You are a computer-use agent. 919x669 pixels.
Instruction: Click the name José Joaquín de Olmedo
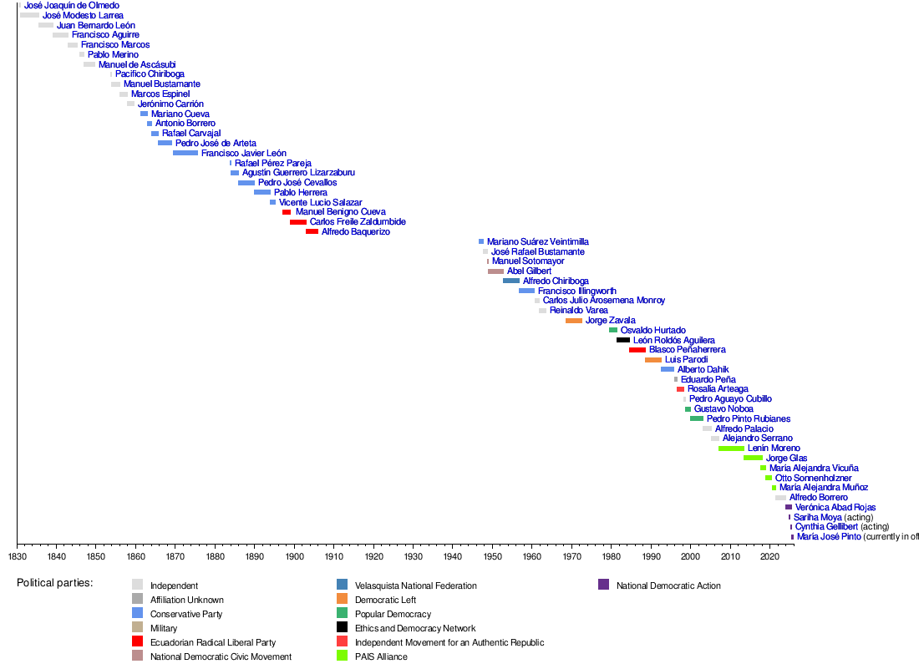pos(72,5)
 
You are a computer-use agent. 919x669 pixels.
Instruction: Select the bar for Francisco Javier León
pos(185,153)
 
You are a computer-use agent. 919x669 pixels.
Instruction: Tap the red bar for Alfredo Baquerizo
pos(312,231)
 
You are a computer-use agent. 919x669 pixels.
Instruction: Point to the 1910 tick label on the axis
pos(334,556)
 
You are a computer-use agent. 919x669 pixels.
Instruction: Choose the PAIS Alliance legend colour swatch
pos(343,656)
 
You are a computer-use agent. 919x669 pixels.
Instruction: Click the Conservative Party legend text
pos(186,614)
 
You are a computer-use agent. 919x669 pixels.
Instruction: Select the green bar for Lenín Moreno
pos(731,449)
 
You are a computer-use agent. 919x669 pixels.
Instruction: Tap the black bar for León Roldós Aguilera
pos(623,340)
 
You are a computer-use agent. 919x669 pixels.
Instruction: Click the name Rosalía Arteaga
pos(718,389)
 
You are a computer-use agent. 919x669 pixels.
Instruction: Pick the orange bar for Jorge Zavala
pos(574,321)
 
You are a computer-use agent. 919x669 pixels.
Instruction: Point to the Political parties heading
pos(54,583)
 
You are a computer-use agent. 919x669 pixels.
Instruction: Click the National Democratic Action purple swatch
pos(604,585)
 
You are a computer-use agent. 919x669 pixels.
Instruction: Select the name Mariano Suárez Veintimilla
pos(538,242)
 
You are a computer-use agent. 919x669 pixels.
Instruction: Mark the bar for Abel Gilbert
pos(495,271)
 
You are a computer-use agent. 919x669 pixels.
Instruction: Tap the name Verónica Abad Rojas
pos(835,508)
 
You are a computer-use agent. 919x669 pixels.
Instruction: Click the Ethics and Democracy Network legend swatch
pos(343,628)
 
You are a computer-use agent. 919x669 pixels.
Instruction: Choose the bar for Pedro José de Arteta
pos(165,143)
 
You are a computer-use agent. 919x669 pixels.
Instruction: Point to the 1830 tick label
pos(18,556)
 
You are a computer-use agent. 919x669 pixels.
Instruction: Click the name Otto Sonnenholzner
pos(814,478)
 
